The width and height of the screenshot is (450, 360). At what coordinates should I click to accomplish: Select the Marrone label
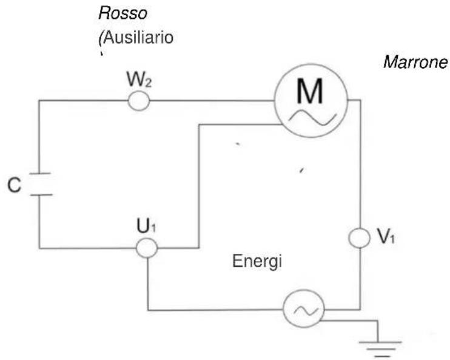pos(415,63)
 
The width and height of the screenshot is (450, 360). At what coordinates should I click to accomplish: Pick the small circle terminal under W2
pos(139,101)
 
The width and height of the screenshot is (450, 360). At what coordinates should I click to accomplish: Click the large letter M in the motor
pos(311,91)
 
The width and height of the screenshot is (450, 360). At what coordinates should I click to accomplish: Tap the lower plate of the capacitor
pos(39,195)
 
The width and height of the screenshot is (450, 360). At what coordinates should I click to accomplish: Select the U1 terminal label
pos(146,228)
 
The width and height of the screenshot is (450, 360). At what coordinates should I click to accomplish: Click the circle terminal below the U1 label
pos(146,248)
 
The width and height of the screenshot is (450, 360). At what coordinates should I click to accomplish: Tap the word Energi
pos(258,262)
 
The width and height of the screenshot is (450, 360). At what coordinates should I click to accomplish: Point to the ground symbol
pos(378,347)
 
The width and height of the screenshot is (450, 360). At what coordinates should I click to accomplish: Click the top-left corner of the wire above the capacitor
pos(39,101)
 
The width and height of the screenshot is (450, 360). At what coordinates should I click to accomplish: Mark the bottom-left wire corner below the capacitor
pos(39,248)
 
